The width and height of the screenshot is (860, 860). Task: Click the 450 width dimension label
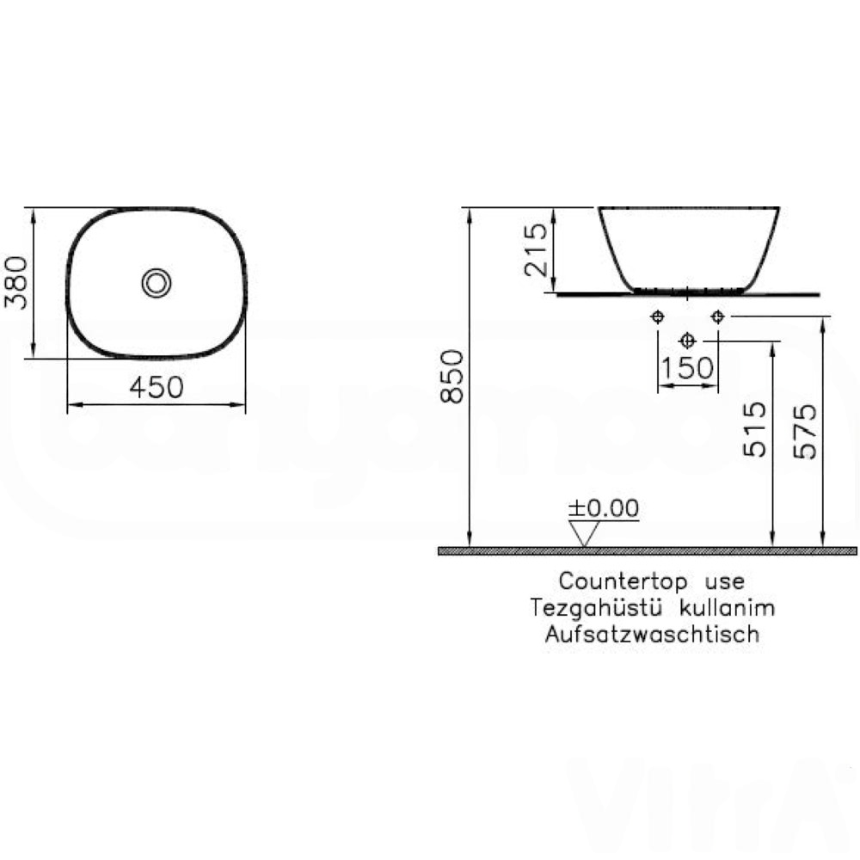pyautogui.click(x=157, y=387)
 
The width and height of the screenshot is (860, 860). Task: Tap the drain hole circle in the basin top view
pyautogui.click(x=157, y=282)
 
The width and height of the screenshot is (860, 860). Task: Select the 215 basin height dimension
pyautogui.click(x=535, y=249)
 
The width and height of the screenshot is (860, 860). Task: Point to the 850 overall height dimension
pyautogui.click(x=452, y=376)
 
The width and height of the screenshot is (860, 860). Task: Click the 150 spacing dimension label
pyautogui.click(x=687, y=368)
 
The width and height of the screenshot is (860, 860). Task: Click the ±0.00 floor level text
pyautogui.click(x=605, y=507)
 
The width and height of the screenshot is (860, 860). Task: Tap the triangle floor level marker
pyautogui.click(x=587, y=533)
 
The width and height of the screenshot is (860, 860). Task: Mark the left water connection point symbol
pyautogui.click(x=658, y=316)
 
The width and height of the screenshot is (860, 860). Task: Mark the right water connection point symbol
pyautogui.click(x=717, y=316)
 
